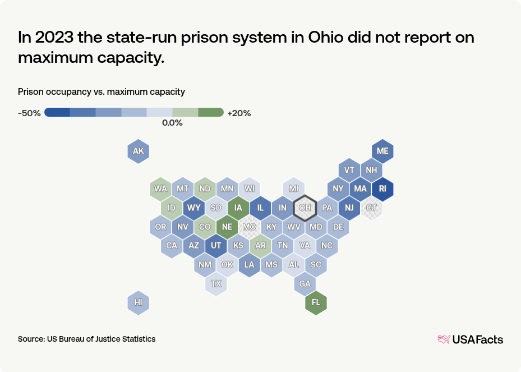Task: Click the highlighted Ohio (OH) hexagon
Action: pyautogui.click(x=305, y=208)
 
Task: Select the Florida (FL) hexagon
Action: pyautogui.click(x=316, y=303)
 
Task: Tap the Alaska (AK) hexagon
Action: pyautogui.click(x=139, y=151)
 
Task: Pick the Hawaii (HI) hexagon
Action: pyautogui.click(x=139, y=303)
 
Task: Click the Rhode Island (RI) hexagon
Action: pyautogui.click(x=382, y=189)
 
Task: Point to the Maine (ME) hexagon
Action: pyautogui.click(x=382, y=151)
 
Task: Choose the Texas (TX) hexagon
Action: pyautogui.click(x=216, y=284)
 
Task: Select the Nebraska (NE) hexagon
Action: pyautogui.click(x=227, y=227)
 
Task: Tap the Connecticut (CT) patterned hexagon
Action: pyautogui.click(x=371, y=208)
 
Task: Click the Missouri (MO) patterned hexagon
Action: pyautogui.click(x=249, y=227)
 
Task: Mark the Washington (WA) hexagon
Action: pyautogui.click(x=161, y=189)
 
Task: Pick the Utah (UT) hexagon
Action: pyautogui.click(x=216, y=246)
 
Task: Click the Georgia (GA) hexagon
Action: pyautogui.click(x=305, y=284)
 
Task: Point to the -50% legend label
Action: pyautogui.click(x=29, y=113)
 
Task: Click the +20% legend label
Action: pyautogui.click(x=239, y=113)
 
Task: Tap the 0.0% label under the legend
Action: pyautogui.click(x=172, y=123)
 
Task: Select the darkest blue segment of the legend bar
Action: pyautogui.click(x=57, y=112)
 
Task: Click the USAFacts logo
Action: pyautogui.click(x=470, y=339)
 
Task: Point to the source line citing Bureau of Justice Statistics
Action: pyautogui.click(x=87, y=339)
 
